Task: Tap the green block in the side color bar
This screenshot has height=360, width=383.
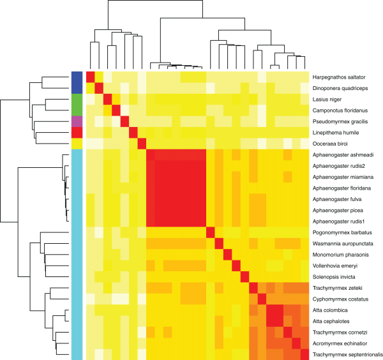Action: pos(77,105)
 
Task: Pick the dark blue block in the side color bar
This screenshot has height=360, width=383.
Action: pos(77,82)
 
